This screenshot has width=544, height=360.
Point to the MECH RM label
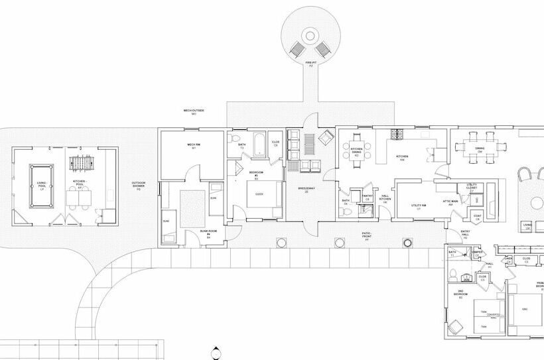pos(194,146)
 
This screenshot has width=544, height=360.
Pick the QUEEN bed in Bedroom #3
pos(260,195)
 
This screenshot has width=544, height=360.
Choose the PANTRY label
pos(368,196)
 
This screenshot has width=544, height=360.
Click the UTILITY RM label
pos(417,207)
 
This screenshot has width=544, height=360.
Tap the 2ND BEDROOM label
pos(462,295)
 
